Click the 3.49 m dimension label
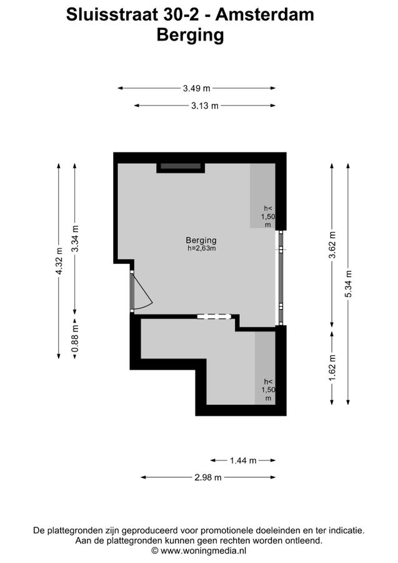point(196,88)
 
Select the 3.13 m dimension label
point(205,106)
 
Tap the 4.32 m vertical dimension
point(59,261)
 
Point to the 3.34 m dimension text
point(75,239)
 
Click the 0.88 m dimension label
point(75,338)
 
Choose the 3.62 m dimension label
point(332,245)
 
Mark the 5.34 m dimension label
point(349,283)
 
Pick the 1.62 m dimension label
point(332,368)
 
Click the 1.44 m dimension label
point(243,460)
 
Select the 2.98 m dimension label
point(208,477)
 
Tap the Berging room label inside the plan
point(201,240)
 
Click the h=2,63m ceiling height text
point(202,248)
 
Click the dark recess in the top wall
point(181,166)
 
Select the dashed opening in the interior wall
point(214,317)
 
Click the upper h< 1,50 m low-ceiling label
point(268,216)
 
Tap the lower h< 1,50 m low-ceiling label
point(268,390)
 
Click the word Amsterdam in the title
point(265,15)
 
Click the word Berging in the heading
point(191,35)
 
